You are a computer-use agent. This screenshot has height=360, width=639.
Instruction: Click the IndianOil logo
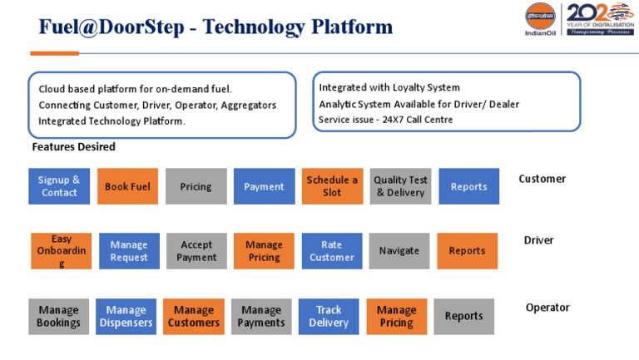coord(541,19)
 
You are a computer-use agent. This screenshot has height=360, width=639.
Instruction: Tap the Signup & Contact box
coord(59,186)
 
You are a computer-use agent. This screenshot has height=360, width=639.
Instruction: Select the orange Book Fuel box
coord(127,186)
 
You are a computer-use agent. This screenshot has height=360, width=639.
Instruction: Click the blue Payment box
coord(264,186)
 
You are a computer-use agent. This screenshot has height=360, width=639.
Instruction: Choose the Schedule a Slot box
coord(332,186)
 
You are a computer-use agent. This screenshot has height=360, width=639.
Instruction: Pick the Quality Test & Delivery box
coord(400,186)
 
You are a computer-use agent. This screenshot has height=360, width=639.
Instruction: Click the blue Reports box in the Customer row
coord(468,186)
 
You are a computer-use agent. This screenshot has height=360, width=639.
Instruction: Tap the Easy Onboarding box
coord(62,250)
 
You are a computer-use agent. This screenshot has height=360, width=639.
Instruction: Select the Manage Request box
coord(129,250)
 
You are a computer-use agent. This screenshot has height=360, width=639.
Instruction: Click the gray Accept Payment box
coord(196,250)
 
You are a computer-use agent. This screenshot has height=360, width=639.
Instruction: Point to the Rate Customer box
coord(331,250)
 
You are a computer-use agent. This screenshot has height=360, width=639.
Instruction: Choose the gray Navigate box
coord(399,250)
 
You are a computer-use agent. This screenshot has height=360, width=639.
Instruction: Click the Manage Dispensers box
coord(126,316)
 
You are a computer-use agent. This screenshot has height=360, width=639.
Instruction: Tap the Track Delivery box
coord(329,316)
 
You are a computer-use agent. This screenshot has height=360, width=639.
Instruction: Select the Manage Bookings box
coord(58,316)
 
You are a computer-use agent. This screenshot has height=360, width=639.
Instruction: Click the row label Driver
coord(538,240)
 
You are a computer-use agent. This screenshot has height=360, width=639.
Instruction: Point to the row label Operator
coord(547,308)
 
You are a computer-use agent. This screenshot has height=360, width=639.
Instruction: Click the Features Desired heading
coord(73,147)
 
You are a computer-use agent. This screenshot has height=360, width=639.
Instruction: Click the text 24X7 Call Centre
coord(417,120)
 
